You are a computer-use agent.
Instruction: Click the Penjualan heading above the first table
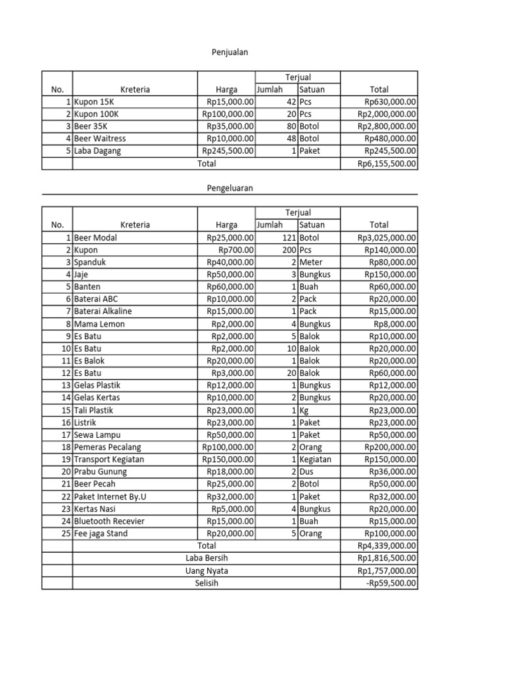[x=229, y=52]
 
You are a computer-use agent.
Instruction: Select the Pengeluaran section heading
[x=229, y=188]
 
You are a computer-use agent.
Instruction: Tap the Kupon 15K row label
[x=94, y=102]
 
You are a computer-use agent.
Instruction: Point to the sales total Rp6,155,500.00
[x=387, y=164]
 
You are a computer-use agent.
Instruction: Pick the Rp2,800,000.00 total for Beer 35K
[x=387, y=126]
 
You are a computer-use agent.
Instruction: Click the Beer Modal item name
[x=95, y=237]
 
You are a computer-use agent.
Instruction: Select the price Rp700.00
[x=236, y=250]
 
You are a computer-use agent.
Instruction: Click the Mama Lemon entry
[x=99, y=324]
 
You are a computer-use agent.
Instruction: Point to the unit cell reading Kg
[x=305, y=410]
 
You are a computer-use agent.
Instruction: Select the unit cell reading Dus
[x=306, y=472]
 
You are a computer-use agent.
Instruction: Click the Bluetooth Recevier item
[x=109, y=521]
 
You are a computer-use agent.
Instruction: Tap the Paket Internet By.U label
[x=110, y=496]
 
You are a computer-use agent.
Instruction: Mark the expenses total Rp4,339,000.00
[x=387, y=546]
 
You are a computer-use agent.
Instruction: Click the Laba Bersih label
[x=206, y=559]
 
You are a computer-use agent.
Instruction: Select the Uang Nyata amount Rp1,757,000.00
[x=387, y=571]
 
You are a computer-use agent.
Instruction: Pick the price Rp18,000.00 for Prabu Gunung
[x=230, y=472]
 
